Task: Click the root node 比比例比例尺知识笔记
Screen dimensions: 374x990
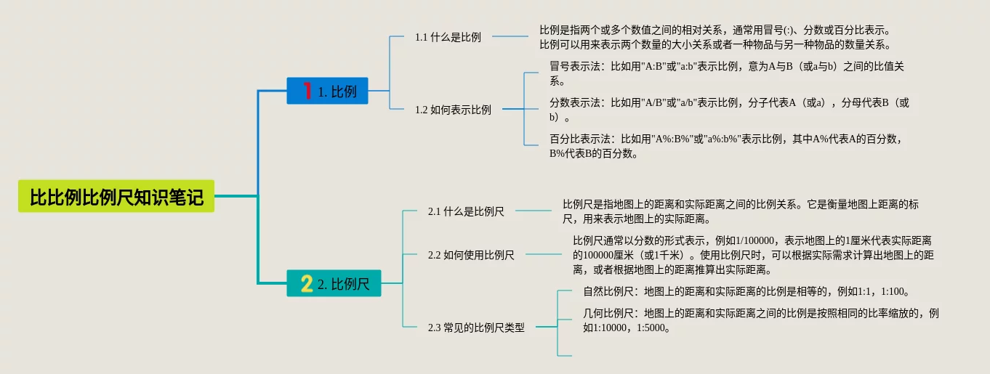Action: [x=116, y=196]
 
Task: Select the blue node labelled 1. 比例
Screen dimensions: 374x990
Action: [x=328, y=91]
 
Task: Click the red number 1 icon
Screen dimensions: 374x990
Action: [x=307, y=91]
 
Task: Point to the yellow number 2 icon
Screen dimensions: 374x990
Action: [x=307, y=283]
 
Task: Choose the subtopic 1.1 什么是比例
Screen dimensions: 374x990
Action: [x=448, y=37]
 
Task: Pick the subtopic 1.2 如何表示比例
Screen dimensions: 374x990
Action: [x=453, y=110]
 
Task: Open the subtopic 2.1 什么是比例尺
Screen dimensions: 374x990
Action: [x=466, y=211]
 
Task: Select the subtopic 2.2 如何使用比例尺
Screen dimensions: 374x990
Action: [x=471, y=255]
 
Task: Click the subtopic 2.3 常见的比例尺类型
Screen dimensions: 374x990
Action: [x=475, y=328]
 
